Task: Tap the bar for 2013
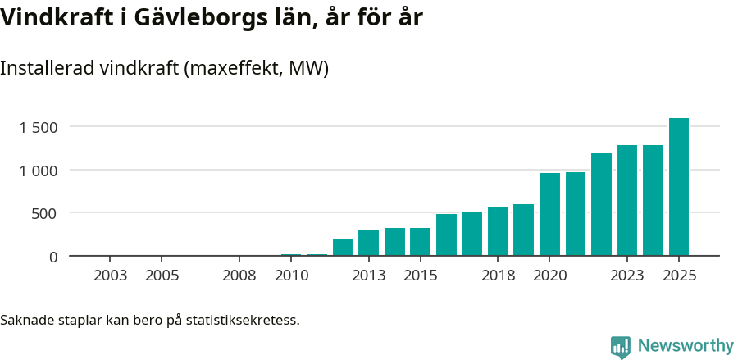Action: (x=368, y=243)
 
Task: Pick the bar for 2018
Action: (x=498, y=231)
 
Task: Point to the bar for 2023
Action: (x=627, y=201)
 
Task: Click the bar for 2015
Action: (x=420, y=242)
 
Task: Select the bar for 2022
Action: (x=601, y=204)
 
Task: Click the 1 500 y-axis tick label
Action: (x=39, y=127)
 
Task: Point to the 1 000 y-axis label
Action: (x=39, y=171)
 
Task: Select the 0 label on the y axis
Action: (x=53, y=257)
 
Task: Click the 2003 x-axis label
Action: (x=110, y=276)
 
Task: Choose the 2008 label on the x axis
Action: (x=239, y=276)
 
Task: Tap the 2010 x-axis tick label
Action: (x=291, y=276)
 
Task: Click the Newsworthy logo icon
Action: (x=621, y=347)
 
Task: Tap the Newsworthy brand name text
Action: (x=685, y=346)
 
